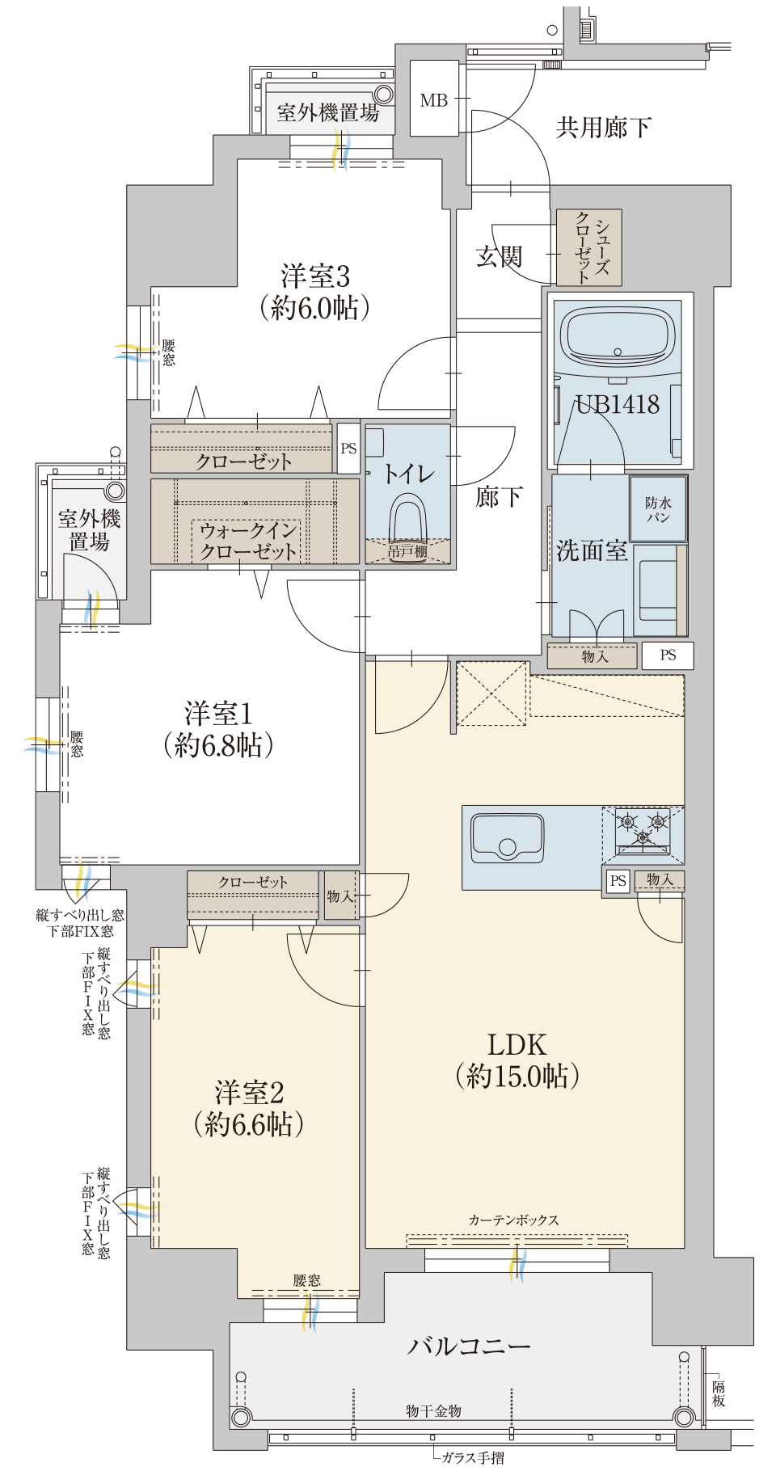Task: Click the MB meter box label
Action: coord(434,100)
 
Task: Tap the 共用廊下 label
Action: coord(603,127)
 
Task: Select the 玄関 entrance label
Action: coord(499,257)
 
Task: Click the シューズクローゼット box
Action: coord(589,248)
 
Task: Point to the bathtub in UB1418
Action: coord(618,336)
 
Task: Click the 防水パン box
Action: coord(659,508)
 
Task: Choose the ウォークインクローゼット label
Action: coord(248,541)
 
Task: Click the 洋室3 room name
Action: coord(315,276)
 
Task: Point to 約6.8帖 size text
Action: coord(218,745)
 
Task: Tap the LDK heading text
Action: coord(517,1044)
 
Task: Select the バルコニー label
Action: coord(469,1347)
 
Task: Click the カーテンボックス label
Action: coord(514,1220)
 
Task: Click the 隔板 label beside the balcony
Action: coord(719,1393)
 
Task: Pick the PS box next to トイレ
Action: coord(348,448)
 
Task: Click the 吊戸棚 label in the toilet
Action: coord(407,551)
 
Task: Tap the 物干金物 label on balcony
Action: coord(433,1410)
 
